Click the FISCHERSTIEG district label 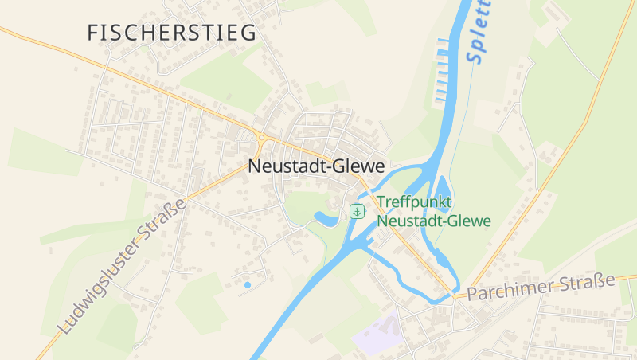click(x=172, y=33)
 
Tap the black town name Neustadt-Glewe click(x=316, y=166)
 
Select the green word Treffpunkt click(x=414, y=202)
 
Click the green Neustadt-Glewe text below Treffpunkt click(x=434, y=221)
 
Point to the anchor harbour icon click(x=358, y=211)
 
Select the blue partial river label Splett click(x=479, y=32)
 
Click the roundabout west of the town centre click(x=262, y=139)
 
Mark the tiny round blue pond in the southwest click(x=247, y=284)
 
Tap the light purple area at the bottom click(x=379, y=335)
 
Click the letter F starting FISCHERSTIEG click(x=92, y=33)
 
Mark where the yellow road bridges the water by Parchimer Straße click(x=456, y=294)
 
